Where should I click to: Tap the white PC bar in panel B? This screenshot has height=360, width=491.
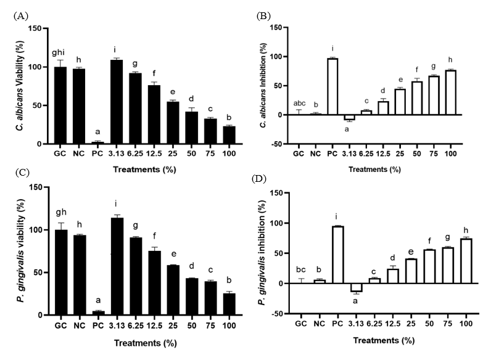[333, 87]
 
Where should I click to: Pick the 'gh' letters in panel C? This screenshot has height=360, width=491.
[60, 216]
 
